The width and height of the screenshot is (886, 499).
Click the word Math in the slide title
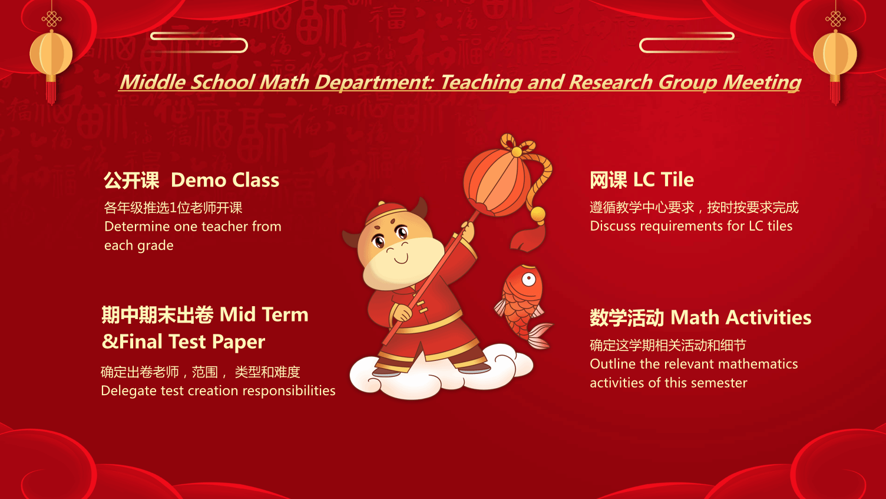click(284, 83)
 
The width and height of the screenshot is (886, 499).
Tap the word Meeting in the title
click(762, 83)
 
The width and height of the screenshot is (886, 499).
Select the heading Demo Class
click(225, 180)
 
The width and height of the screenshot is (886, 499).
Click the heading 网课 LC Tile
click(642, 179)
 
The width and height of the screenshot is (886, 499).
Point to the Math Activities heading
click(741, 317)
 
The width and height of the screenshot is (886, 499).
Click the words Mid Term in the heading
click(264, 314)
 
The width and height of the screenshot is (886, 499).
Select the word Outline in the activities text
click(610, 363)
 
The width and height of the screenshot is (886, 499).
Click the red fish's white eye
click(528, 279)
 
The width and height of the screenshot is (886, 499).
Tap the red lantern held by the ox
click(497, 184)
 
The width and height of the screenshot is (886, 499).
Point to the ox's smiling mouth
click(401, 260)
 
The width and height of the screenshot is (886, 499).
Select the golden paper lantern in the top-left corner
click(51, 54)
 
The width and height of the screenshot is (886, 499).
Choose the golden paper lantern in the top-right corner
click(835, 54)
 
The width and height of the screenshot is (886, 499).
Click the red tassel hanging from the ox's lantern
click(528, 237)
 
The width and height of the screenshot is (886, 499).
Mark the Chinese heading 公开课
click(131, 180)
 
